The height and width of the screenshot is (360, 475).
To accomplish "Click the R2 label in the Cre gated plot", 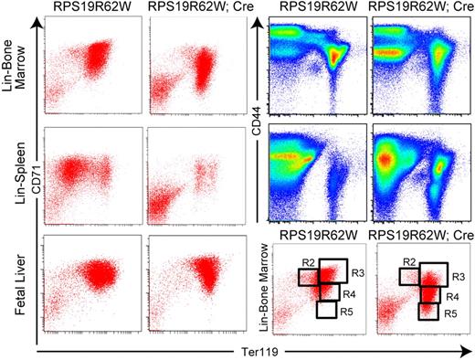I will (409, 263).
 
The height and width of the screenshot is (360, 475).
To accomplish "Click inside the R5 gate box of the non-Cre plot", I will (326, 311).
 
